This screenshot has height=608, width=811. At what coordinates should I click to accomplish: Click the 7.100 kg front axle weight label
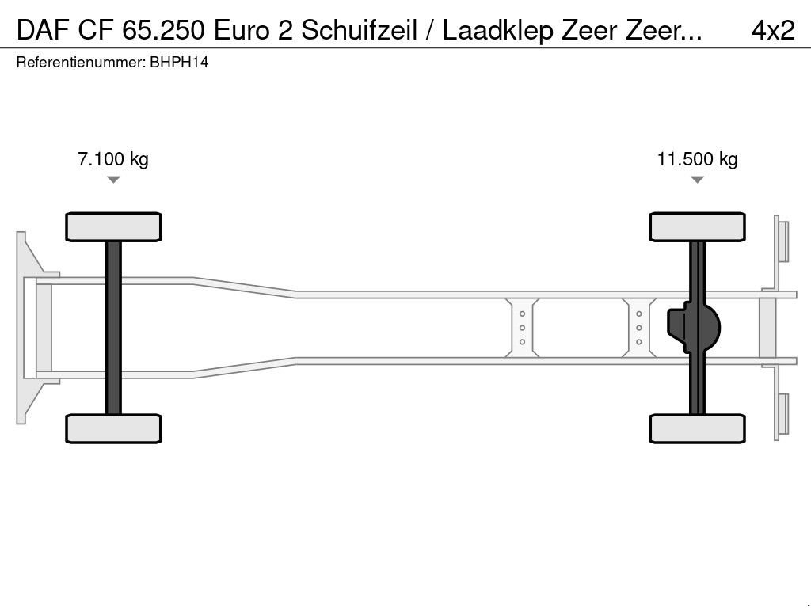112,159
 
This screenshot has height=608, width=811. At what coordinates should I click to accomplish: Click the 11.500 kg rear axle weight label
697,159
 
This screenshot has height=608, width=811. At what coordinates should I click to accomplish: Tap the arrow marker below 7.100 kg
113,180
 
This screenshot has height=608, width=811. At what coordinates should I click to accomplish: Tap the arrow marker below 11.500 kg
697,180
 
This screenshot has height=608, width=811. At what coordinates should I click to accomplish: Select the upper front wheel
113,227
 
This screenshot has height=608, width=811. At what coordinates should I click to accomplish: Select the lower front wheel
113,428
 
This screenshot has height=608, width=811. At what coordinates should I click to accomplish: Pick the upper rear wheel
697,227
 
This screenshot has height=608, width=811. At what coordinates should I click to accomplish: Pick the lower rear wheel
697,428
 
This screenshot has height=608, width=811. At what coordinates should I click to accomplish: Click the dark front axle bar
113,328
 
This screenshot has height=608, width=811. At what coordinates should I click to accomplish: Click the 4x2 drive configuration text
772,30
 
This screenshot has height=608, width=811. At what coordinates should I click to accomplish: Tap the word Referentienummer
80,63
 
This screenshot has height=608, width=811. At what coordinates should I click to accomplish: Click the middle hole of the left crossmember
523,328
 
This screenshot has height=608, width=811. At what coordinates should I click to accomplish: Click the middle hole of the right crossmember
638,328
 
